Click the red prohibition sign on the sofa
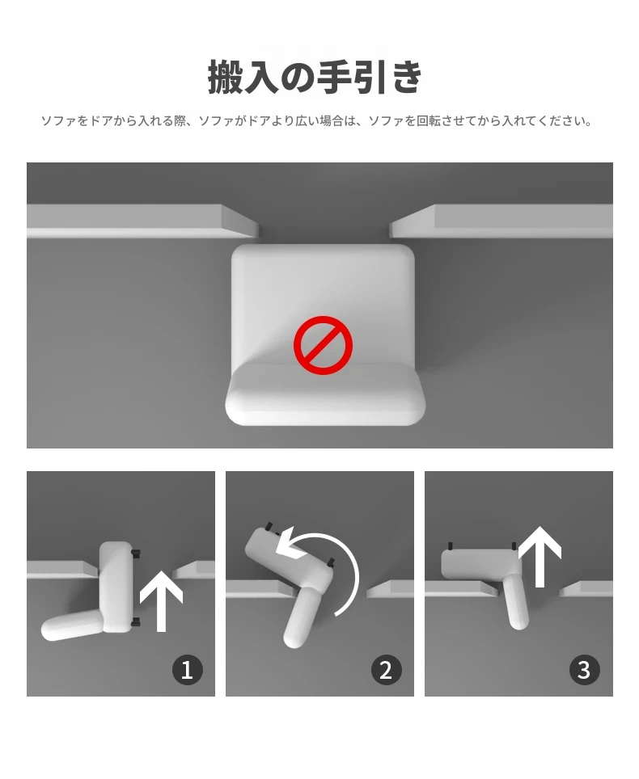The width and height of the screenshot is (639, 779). point(324,345)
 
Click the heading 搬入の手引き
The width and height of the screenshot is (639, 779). point(315,77)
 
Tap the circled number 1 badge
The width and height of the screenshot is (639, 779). point(188,670)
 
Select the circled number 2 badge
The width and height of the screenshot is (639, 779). point(387,670)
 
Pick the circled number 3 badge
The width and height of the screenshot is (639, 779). point(584,670)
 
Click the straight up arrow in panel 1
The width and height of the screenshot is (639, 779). point(161,601)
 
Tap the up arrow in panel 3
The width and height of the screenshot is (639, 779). point(540,557)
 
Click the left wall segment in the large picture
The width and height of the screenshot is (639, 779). point(142,221)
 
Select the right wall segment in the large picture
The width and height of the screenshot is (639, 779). point(501,221)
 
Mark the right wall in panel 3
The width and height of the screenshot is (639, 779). point(586,588)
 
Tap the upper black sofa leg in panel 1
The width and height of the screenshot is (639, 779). point(135,553)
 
